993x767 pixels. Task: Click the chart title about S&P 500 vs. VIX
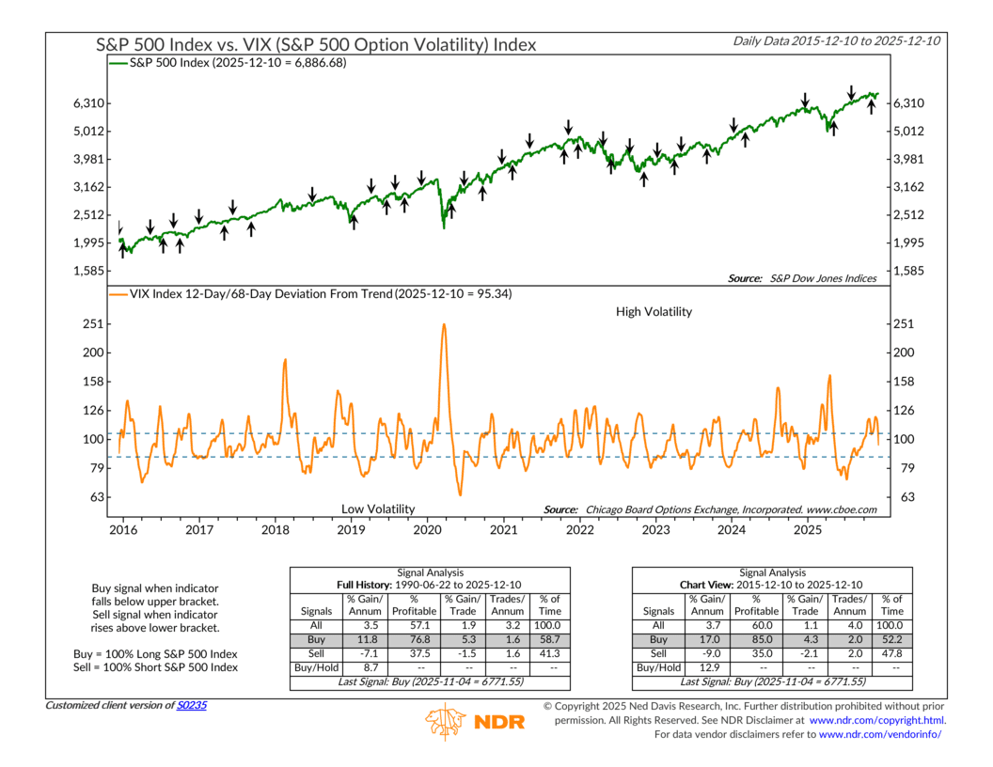[316, 44]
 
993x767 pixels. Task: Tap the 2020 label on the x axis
[427, 530]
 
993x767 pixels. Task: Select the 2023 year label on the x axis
[655, 530]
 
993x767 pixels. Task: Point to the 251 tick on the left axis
[92, 324]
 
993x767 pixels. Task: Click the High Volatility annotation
[654, 311]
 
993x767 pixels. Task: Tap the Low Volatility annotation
[377, 509]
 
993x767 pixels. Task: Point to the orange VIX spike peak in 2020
[442, 325]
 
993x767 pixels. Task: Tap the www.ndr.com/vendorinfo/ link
[880, 734]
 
